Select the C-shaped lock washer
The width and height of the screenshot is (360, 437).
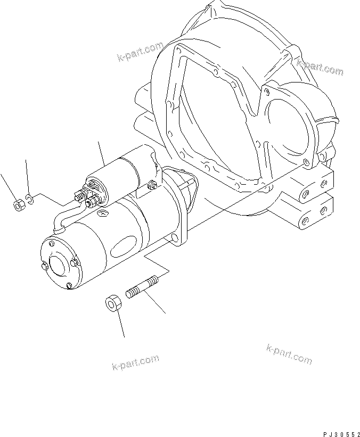31,200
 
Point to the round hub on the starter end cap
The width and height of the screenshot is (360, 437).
56,265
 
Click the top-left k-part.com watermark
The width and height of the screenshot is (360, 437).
140,52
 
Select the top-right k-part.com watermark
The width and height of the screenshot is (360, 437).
320,67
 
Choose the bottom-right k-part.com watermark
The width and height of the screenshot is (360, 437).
289,354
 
